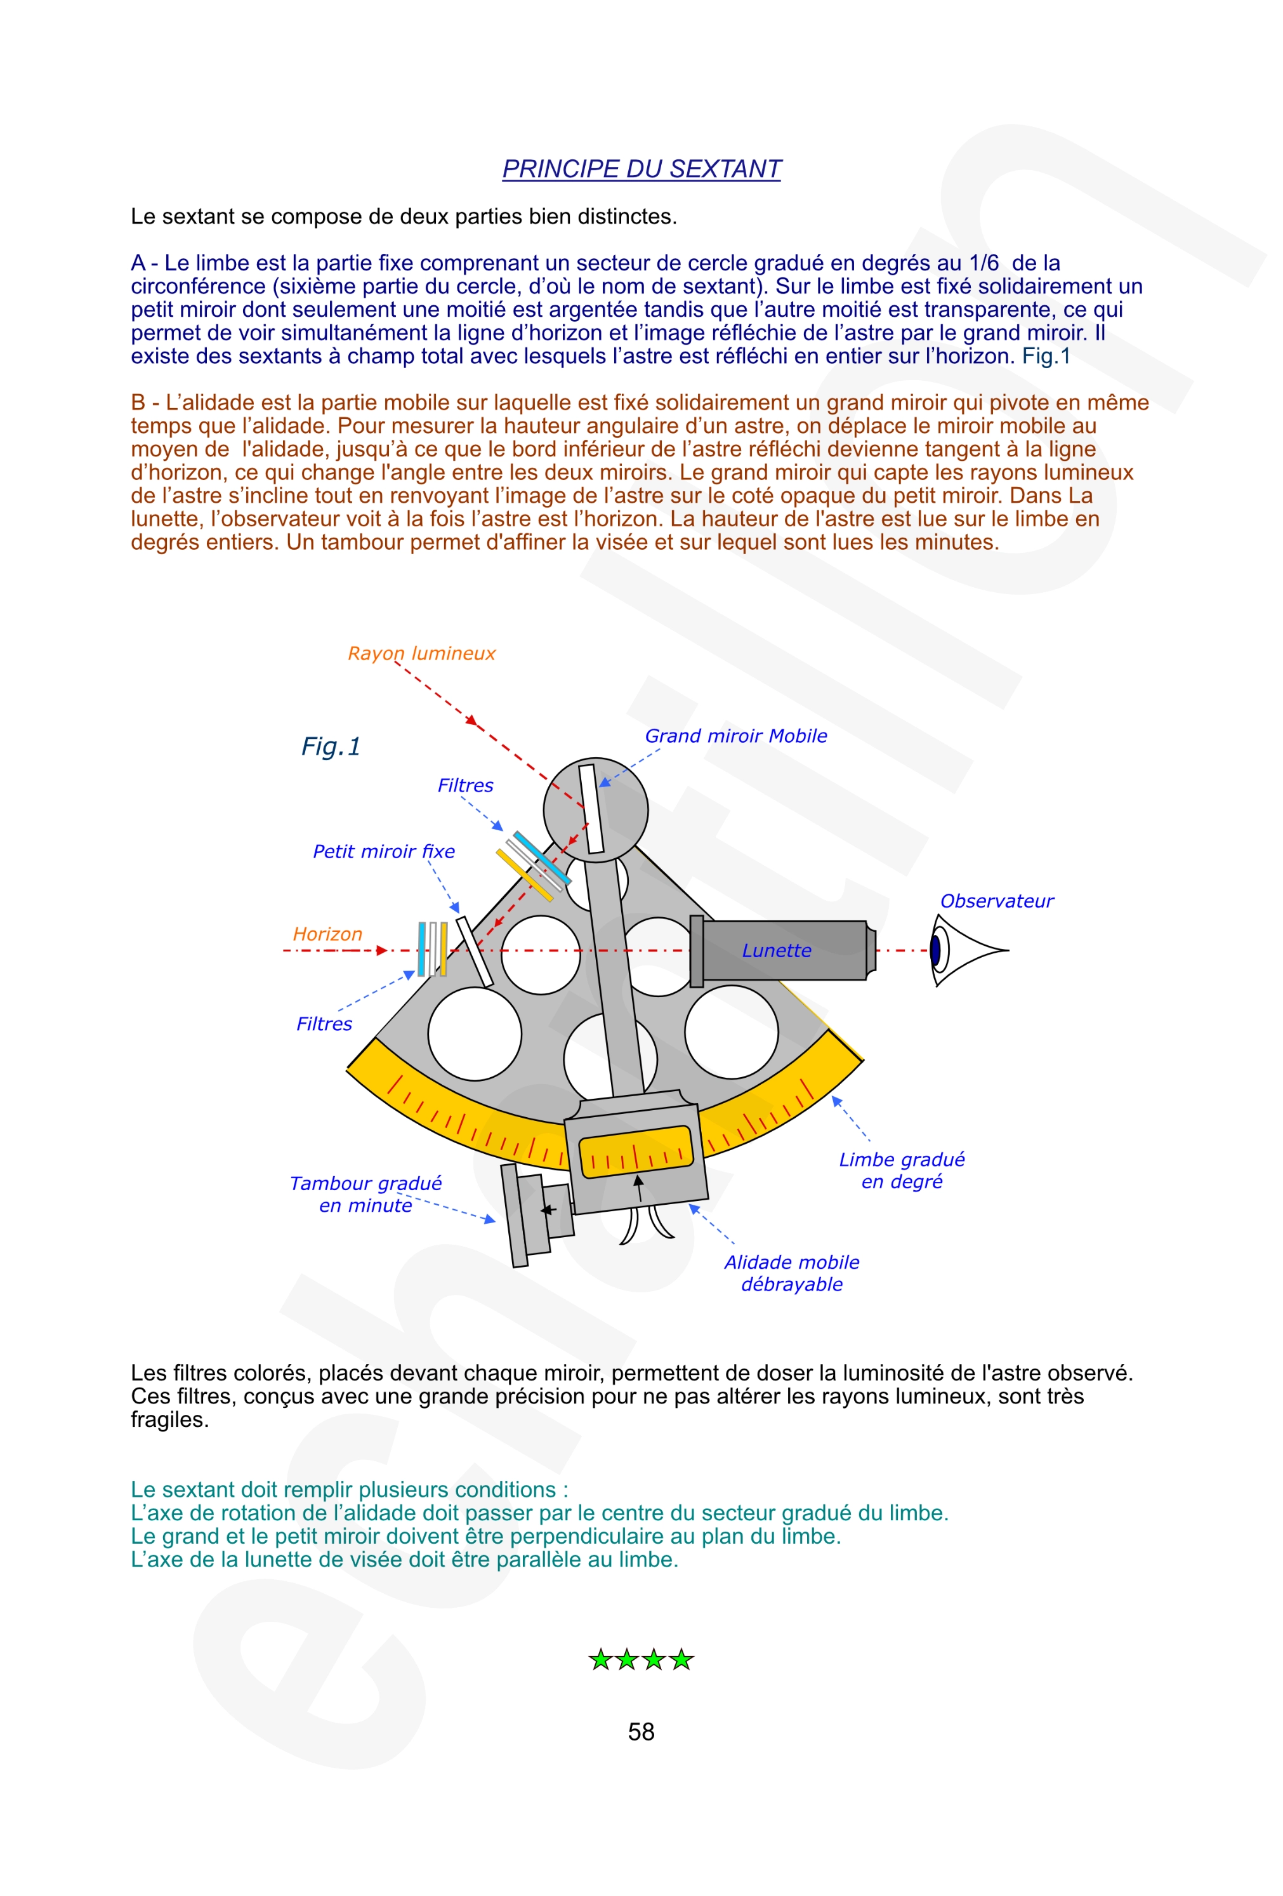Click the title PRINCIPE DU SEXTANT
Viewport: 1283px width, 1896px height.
641,169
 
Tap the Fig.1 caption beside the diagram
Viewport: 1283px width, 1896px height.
331,746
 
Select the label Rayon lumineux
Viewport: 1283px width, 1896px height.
421,654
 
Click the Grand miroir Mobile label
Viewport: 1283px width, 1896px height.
735,736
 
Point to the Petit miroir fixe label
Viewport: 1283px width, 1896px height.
383,852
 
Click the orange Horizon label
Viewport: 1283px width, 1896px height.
327,934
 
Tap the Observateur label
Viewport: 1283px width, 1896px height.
996,901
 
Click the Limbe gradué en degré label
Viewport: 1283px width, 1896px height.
901,1170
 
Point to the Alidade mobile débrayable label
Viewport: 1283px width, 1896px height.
791,1273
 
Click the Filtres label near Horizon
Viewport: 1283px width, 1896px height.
324,1024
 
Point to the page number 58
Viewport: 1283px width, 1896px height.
641,1731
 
